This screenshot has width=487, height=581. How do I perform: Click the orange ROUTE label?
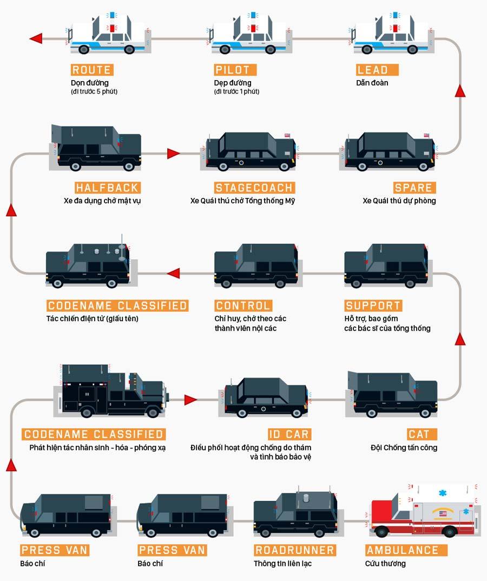tap(91, 70)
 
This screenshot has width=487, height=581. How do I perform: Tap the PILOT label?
tap(232, 70)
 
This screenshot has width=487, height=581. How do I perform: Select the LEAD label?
tap(373, 70)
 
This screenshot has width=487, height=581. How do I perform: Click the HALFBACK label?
tap(107, 188)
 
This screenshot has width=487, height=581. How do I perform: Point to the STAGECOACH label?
tap(254, 188)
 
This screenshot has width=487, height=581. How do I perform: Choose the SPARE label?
tap(414, 188)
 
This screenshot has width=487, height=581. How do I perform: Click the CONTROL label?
tap(243, 306)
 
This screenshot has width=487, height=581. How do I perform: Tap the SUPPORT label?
tap(373, 306)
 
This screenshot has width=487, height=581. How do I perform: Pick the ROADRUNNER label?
tap(294, 550)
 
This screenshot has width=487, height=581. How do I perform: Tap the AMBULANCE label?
tap(406, 550)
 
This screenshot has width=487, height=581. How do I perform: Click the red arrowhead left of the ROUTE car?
tap(36, 38)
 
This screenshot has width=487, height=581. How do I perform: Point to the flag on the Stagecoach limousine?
tap(287, 136)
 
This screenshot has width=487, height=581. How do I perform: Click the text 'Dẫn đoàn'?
tap(372, 83)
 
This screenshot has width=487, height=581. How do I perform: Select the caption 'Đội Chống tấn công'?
tap(404, 447)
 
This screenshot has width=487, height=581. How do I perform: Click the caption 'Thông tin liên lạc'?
tap(282, 564)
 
